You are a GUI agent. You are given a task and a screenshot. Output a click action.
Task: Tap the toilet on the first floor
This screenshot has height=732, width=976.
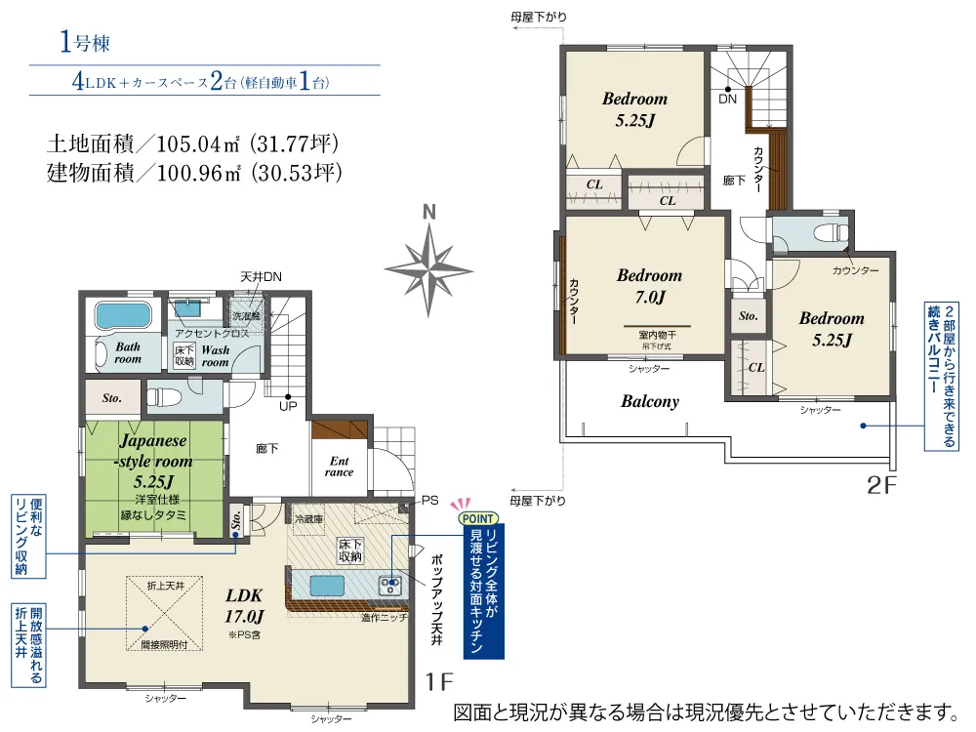[x=163, y=396]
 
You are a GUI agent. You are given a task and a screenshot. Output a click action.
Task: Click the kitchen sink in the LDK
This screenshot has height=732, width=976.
[x=327, y=586]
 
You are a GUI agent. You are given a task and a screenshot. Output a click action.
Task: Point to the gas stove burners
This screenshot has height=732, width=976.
[x=391, y=585]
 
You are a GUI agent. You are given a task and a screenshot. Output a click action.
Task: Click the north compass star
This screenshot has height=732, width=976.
[x=428, y=270]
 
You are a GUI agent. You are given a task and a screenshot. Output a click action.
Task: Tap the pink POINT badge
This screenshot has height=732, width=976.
[x=478, y=518]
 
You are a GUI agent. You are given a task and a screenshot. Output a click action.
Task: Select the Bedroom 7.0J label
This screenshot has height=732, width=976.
[x=649, y=286]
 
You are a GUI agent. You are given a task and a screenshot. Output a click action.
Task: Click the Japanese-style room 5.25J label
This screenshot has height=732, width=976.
[x=153, y=461]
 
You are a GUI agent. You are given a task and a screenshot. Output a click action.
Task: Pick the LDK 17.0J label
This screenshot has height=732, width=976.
[x=244, y=606]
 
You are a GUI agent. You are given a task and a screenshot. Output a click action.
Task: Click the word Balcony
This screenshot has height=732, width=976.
[x=650, y=401]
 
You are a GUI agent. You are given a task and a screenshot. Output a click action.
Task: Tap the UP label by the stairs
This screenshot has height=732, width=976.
[x=288, y=406]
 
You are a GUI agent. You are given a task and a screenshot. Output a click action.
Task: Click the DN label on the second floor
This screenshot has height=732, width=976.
[x=727, y=99]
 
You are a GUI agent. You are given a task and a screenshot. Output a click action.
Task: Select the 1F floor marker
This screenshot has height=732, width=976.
[x=439, y=682]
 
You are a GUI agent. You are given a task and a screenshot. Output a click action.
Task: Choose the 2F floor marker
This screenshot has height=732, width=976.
[x=881, y=485]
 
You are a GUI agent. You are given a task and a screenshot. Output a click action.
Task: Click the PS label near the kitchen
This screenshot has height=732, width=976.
[x=429, y=501]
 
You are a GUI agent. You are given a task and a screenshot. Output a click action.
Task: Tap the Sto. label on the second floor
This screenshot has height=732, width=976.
[x=749, y=316]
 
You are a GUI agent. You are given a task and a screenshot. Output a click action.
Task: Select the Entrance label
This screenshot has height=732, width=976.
[x=340, y=467]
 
